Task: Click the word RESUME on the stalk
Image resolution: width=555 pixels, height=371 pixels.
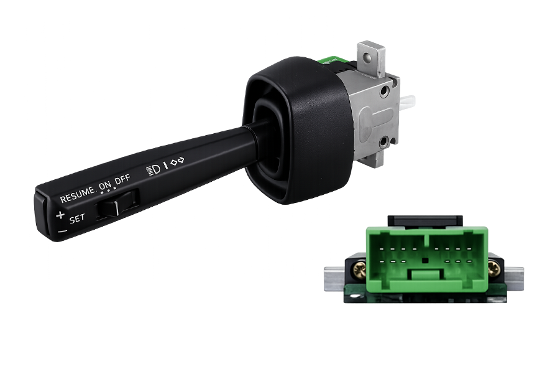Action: click(x=78, y=195)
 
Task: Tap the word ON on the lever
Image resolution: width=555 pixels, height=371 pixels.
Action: click(x=105, y=185)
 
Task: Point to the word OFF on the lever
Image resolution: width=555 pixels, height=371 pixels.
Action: click(x=122, y=179)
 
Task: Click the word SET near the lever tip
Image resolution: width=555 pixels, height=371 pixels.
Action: click(x=77, y=219)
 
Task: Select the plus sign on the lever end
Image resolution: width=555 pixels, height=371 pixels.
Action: click(x=60, y=215)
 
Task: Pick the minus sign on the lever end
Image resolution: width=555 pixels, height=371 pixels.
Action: click(x=63, y=232)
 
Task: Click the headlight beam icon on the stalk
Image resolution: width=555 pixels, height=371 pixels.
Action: click(x=153, y=169)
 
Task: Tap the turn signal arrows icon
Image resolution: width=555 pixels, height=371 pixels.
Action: click(x=177, y=161)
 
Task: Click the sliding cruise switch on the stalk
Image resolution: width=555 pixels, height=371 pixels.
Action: click(x=117, y=205)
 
